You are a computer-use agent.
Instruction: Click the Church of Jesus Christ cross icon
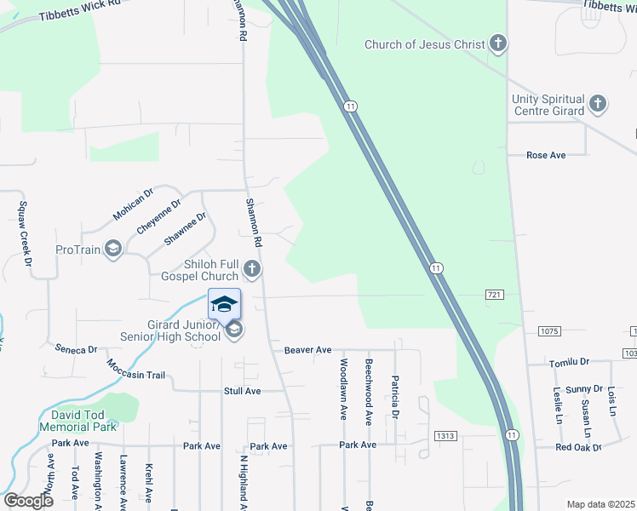pyautogui.click(x=499, y=44)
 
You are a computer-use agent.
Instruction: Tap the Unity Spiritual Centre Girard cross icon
pyautogui.click(x=598, y=105)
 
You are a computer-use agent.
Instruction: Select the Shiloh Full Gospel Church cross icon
pyautogui.click(x=251, y=270)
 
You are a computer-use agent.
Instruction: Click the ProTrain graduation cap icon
pyautogui.click(x=113, y=250)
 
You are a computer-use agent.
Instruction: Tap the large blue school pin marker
pyautogui.click(x=224, y=304)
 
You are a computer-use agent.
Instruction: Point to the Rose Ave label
pyautogui.click(x=546, y=155)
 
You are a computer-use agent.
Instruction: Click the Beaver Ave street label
pyautogui.click(x=307, y=350)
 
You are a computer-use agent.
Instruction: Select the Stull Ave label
pyautogui.click(x=243, y=391)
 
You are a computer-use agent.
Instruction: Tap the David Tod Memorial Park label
pyautogui.click(x=77, y=421)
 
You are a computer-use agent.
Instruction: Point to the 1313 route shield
pyautogui.click(x=444, y=436)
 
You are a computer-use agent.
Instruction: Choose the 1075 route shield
pyautogui.click(x=548, y=330)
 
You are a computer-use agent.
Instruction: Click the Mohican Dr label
pyautogui.click(x=133, y=204)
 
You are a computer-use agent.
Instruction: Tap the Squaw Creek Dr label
pyautogui.click(x=25, y=230)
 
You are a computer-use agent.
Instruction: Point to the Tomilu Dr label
pyautogui.click(x=569, y=363)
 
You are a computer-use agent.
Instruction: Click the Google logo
pyautogui.click(x=28, y=501)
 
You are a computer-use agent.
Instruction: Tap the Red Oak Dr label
pyautogui.click(x=578, y=447)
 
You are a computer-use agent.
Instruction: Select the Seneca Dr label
pyautogui.click(x=77, y=349)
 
